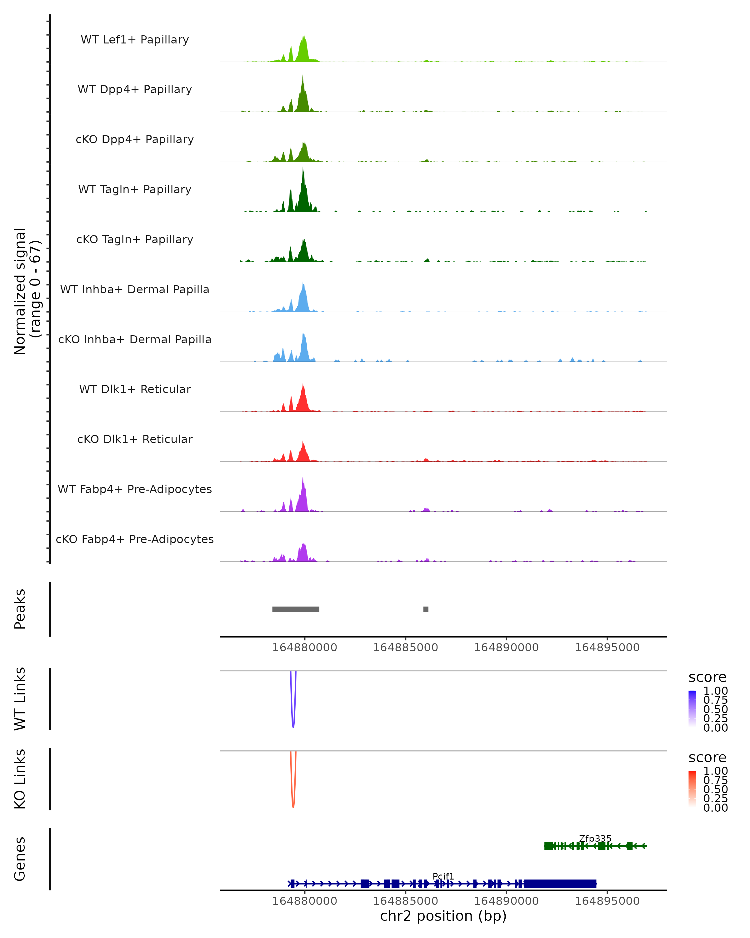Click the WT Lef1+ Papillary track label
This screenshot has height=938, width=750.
point(135,40)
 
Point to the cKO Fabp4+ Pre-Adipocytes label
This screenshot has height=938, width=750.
point(135,539)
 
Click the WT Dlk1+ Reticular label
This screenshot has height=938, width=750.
point(135,389)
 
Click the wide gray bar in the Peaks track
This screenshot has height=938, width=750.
point(296,609)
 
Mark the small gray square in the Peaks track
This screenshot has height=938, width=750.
point(426,609)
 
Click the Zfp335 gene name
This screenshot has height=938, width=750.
point(595,838)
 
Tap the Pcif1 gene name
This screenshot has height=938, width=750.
point(443,876)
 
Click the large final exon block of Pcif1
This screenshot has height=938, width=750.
point(560,884)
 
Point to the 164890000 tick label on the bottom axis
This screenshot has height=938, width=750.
point(506,901)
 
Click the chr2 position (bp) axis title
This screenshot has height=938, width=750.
point(443,916)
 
